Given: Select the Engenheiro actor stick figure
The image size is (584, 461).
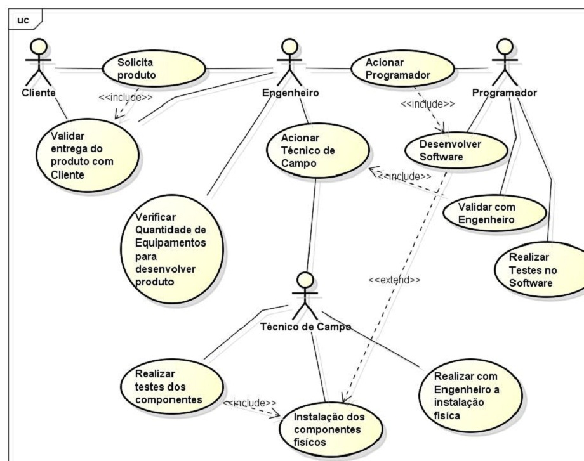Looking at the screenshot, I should [x=289, y=63].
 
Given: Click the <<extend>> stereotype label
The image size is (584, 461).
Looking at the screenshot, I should [x=395, y=280].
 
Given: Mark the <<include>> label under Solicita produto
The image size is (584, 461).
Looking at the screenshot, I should [x=125, y=98].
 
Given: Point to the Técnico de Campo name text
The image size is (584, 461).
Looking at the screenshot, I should [x=307, y=327].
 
